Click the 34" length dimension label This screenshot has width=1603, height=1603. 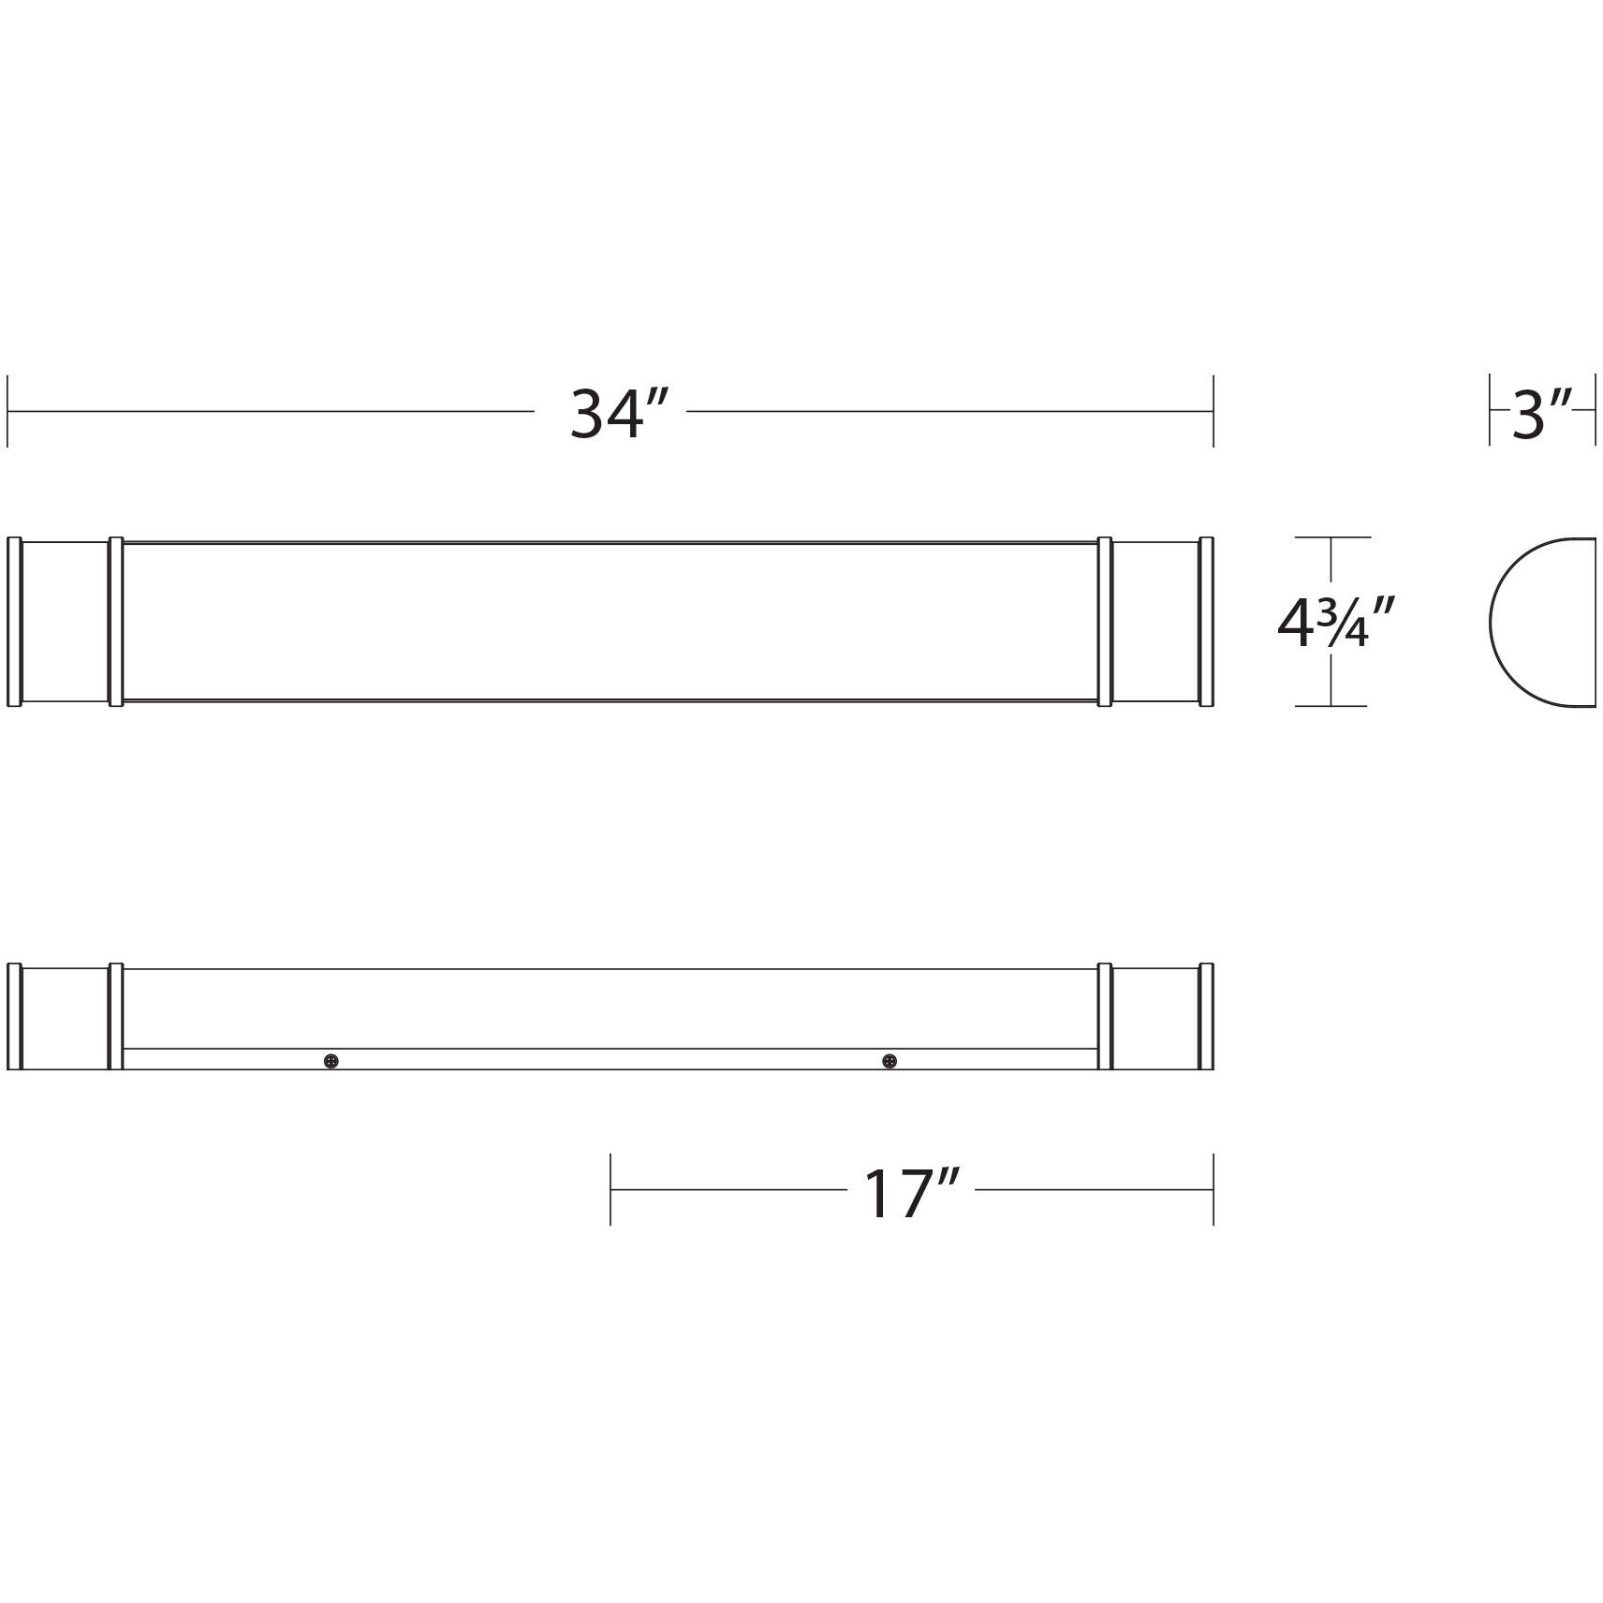609,414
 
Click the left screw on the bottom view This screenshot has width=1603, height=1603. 331,1061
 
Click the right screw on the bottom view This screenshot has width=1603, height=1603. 889,1061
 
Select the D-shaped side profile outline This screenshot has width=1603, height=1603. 1539,623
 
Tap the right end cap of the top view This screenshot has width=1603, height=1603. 1155,622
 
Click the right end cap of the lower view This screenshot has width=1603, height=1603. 1155,1017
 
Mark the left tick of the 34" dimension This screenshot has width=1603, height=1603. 7,411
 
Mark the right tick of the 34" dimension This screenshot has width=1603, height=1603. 1213,411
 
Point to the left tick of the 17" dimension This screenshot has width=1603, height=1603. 610,1189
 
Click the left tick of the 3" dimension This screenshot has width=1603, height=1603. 1490,410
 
